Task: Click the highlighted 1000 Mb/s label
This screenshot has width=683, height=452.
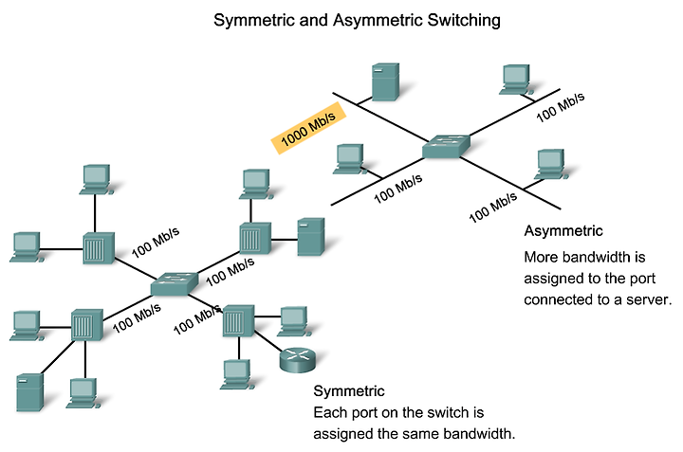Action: pos(308,128)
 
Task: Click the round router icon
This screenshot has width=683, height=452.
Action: pos(297,360)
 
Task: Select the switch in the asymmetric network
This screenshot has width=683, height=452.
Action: pos(447,146)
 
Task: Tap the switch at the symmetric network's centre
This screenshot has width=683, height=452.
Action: pos(175,284)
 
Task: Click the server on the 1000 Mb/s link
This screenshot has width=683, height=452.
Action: pos(385,81)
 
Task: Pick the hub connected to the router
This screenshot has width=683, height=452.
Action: pos(238,320)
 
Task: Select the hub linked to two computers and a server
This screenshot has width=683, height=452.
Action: pos(87,324)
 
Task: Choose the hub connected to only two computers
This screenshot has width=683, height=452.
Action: pos(99,248)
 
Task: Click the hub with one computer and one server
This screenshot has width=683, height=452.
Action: pos(255,238)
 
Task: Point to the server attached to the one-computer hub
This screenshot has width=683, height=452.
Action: pos(311,237)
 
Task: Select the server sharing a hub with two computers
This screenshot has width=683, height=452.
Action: pos(30,392)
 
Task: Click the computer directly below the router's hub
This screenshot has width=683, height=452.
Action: pos(237,374)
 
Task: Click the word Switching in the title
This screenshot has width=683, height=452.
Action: pos(464,21)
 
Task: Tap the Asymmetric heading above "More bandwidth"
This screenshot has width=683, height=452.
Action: pos(563,230)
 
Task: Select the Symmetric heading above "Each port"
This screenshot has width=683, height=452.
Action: pos(349,391)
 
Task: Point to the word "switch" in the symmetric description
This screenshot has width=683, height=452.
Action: pos(448,412)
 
